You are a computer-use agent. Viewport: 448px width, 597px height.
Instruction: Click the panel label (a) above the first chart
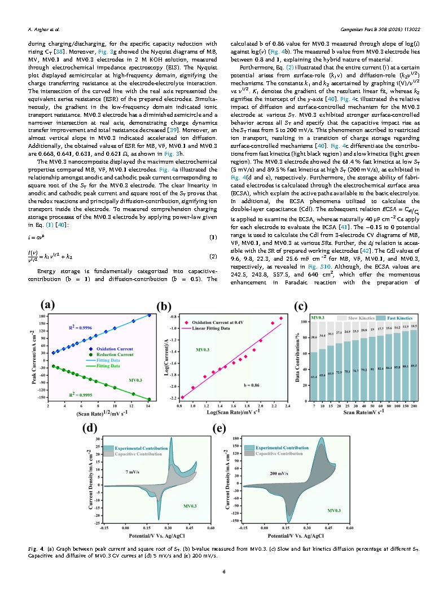[46, 305]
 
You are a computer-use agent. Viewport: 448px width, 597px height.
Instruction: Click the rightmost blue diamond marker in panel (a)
[150, 315]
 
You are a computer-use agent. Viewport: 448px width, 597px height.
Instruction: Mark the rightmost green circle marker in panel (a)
[150, 400]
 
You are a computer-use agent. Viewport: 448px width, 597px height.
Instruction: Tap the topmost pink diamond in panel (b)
[280, 318]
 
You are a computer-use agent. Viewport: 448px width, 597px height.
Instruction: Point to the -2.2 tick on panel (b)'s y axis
[172, 398]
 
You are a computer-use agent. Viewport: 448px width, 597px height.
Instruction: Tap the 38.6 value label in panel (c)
[314, 337]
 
